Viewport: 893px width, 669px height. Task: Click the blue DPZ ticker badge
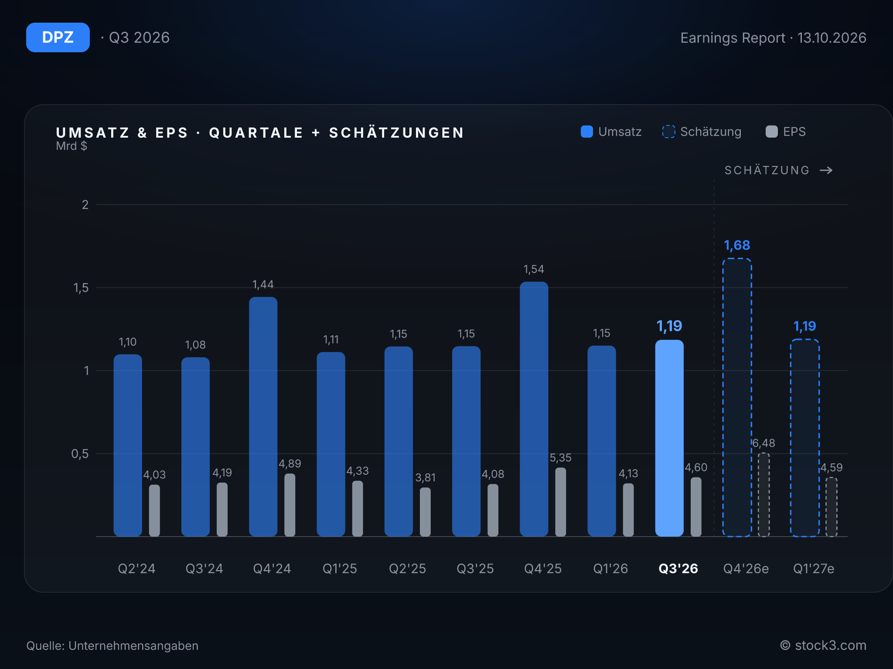pos(58,37)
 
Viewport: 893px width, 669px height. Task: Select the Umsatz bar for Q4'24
pos(263,416)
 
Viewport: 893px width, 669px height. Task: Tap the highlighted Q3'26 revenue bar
pos(669,438)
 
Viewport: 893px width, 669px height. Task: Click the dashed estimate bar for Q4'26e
pos(737,397)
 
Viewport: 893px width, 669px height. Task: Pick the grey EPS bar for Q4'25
pos(560,502)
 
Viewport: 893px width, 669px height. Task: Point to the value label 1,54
pos(534,269)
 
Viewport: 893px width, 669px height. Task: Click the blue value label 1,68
pos(737,245)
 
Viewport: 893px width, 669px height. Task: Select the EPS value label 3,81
pos(425,477)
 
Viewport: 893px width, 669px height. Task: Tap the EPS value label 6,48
pos(763,443)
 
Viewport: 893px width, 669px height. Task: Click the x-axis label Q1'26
pos(610,568)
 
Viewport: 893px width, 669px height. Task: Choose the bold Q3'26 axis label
pos(678,568)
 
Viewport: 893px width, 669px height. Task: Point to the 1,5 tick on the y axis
pos(81,287)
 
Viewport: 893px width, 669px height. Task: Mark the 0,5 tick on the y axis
pos(80,454)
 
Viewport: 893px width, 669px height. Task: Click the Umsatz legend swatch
pos(587,132)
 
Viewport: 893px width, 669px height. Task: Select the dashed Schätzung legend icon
pos(668,132)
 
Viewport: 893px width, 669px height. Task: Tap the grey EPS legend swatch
pos(772,132)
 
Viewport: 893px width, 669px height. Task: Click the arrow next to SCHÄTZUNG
pos(826,170)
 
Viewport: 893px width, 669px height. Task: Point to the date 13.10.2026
pos(832,38)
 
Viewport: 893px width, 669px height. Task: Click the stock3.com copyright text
pos(823,645)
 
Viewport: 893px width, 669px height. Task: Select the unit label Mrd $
pos(72,146)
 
